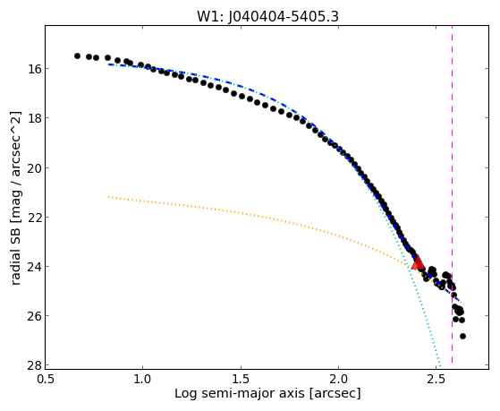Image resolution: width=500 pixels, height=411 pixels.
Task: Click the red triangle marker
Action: pos(418,263)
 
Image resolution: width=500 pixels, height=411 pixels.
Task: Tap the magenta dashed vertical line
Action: pos(452,194)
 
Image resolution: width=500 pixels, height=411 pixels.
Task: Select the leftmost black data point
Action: pos(77,56)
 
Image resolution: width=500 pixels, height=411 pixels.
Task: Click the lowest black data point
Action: pos(462,336)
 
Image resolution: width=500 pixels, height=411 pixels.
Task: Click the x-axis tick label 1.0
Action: pos(142,379)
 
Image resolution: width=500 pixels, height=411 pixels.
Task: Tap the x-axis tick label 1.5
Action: pos(241,379)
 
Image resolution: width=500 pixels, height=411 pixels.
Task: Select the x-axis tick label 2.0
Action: pos(339,379)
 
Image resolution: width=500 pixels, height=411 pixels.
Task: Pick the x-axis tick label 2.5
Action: pos(437,379)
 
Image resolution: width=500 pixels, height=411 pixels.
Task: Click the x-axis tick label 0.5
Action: pos(45,379)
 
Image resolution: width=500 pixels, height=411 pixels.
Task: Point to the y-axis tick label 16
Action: pos(34,68)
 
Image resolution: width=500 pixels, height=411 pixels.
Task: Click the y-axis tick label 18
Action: pos(34,118)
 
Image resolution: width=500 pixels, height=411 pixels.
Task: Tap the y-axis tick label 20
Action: pos(34,167)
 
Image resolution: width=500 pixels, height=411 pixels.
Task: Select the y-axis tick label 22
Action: pos(34,217)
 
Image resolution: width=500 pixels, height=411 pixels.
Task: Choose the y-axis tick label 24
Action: pos(34,266)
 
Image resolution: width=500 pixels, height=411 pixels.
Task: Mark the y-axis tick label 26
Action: pos(34,315)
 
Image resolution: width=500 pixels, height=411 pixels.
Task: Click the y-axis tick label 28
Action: pos(34,365)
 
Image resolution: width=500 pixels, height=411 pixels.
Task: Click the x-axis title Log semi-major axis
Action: pos(239,393)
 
